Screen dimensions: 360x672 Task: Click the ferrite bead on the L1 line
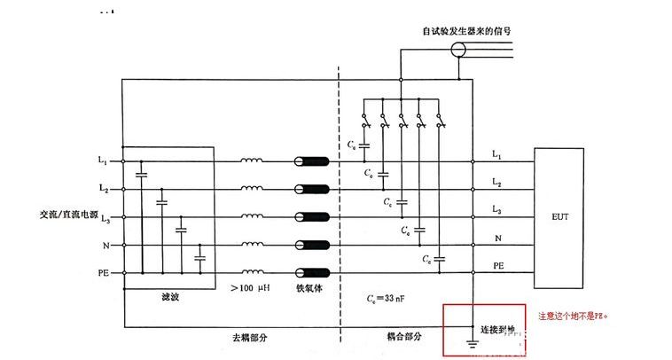pos(311,162)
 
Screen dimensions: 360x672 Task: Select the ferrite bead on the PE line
pos(311,272)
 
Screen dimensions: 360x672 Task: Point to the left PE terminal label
pos(102,271)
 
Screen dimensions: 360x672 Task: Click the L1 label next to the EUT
pos(497,157)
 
